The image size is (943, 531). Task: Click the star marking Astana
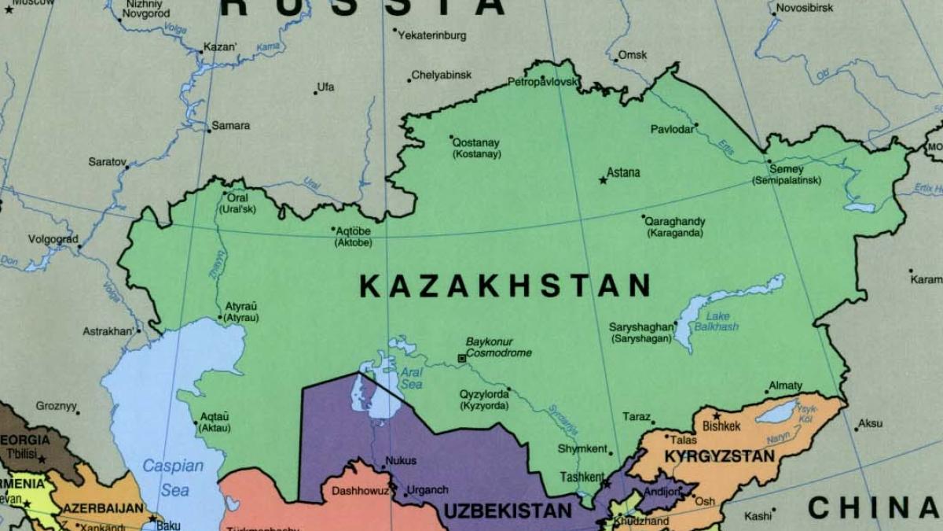603,180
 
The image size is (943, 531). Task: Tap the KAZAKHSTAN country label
505,286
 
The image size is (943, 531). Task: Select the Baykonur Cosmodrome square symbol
461,359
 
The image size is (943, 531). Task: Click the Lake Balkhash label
716,322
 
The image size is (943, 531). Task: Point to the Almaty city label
786,385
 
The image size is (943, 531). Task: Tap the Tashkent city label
582,477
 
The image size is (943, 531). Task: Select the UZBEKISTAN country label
508,511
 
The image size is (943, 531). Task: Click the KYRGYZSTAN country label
719,456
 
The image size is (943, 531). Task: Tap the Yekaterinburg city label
432,35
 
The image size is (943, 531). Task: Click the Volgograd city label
53,239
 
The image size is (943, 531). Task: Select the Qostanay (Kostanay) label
475,149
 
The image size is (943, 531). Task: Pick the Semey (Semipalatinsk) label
786,175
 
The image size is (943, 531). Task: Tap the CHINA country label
872,507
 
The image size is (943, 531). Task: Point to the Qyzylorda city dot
508,389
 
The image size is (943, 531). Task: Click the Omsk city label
633,55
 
